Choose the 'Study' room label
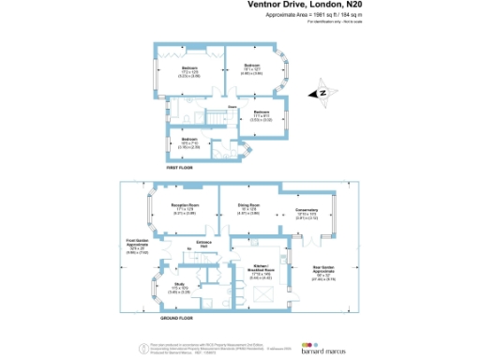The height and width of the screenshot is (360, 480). tap(179, 285)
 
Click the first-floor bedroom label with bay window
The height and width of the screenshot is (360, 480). tap(252, 67)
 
